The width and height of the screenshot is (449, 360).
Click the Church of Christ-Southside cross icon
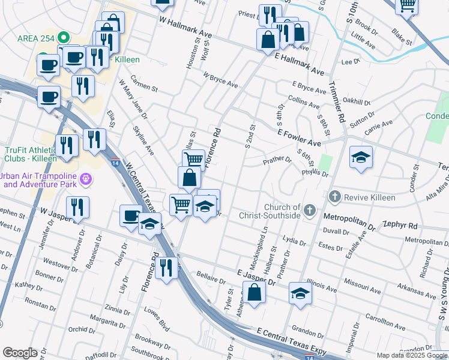click(x=309, y=209)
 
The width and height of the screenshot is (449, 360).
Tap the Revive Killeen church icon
click(x=335, y=197)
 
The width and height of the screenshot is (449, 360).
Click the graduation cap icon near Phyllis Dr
click(x=360, y=157)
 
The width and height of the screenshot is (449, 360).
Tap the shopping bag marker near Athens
click(x=255, y=293)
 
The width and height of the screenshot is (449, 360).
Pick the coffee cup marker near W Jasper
click(x=131, y=215)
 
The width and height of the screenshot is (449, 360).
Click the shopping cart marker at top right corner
click(x=408, y=5)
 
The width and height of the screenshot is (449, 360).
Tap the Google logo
click(x=20, y=353)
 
